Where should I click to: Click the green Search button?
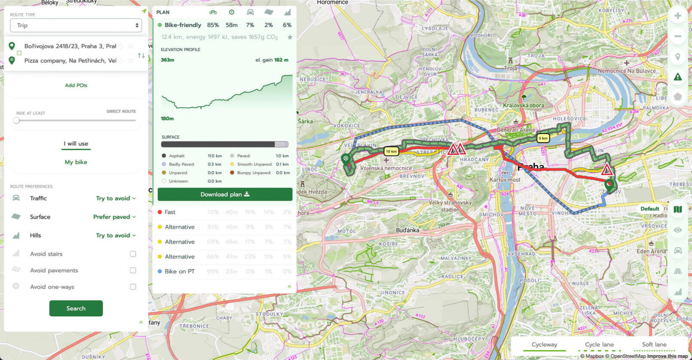point(76,308)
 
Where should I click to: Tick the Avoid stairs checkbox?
point(133,254)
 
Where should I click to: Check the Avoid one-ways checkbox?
point(133,287)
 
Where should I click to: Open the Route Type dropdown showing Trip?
point(76,25)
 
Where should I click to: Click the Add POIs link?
point(76,85)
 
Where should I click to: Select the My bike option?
point(76,162)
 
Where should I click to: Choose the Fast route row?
point(170,212)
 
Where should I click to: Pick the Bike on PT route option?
point(179,272)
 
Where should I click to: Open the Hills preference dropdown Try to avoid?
point(115,235)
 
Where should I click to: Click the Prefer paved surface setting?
point(114,217)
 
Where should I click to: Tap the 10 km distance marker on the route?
point(391,151)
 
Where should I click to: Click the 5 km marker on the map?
point(543,138)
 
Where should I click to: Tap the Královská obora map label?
point(524,105)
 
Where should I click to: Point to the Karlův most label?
point(505,180)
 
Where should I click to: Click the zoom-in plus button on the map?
point(677,16)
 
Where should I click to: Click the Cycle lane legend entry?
point(599,345)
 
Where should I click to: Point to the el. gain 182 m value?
point(272,60)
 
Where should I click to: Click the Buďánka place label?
point(407,230)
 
